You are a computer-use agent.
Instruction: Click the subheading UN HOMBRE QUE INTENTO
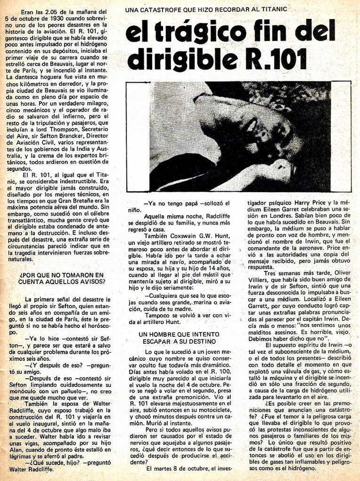tap(179, 334)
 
